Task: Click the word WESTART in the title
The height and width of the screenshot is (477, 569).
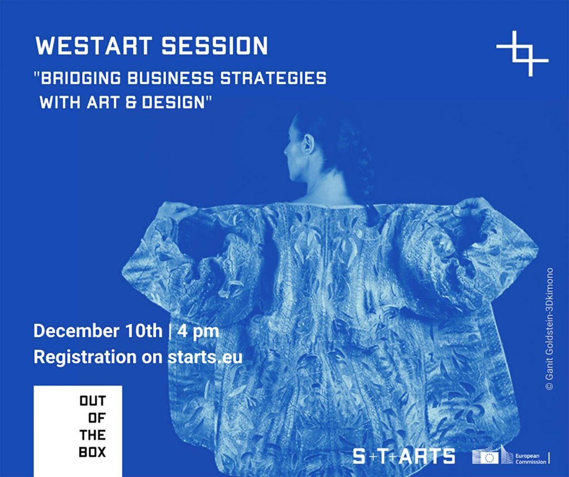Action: coord(93,46)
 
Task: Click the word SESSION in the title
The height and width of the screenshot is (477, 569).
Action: coord(214,46)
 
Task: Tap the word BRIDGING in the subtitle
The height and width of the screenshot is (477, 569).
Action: coord(81,78)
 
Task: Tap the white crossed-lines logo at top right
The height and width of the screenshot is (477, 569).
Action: coord(522,53)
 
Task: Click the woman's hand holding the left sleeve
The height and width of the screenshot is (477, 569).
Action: coord(174,211)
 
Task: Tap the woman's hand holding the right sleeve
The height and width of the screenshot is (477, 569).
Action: coord(472,207)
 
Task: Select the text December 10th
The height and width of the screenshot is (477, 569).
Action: coord(98,331)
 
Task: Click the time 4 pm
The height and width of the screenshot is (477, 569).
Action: coord(198,332)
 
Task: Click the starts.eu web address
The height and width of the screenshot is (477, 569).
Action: coord(205,357)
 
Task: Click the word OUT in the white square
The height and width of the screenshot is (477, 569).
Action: coord(93,401)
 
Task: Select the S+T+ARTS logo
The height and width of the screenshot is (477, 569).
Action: coord(404,456)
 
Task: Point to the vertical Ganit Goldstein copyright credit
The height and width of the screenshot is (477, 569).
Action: coord(549,329)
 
